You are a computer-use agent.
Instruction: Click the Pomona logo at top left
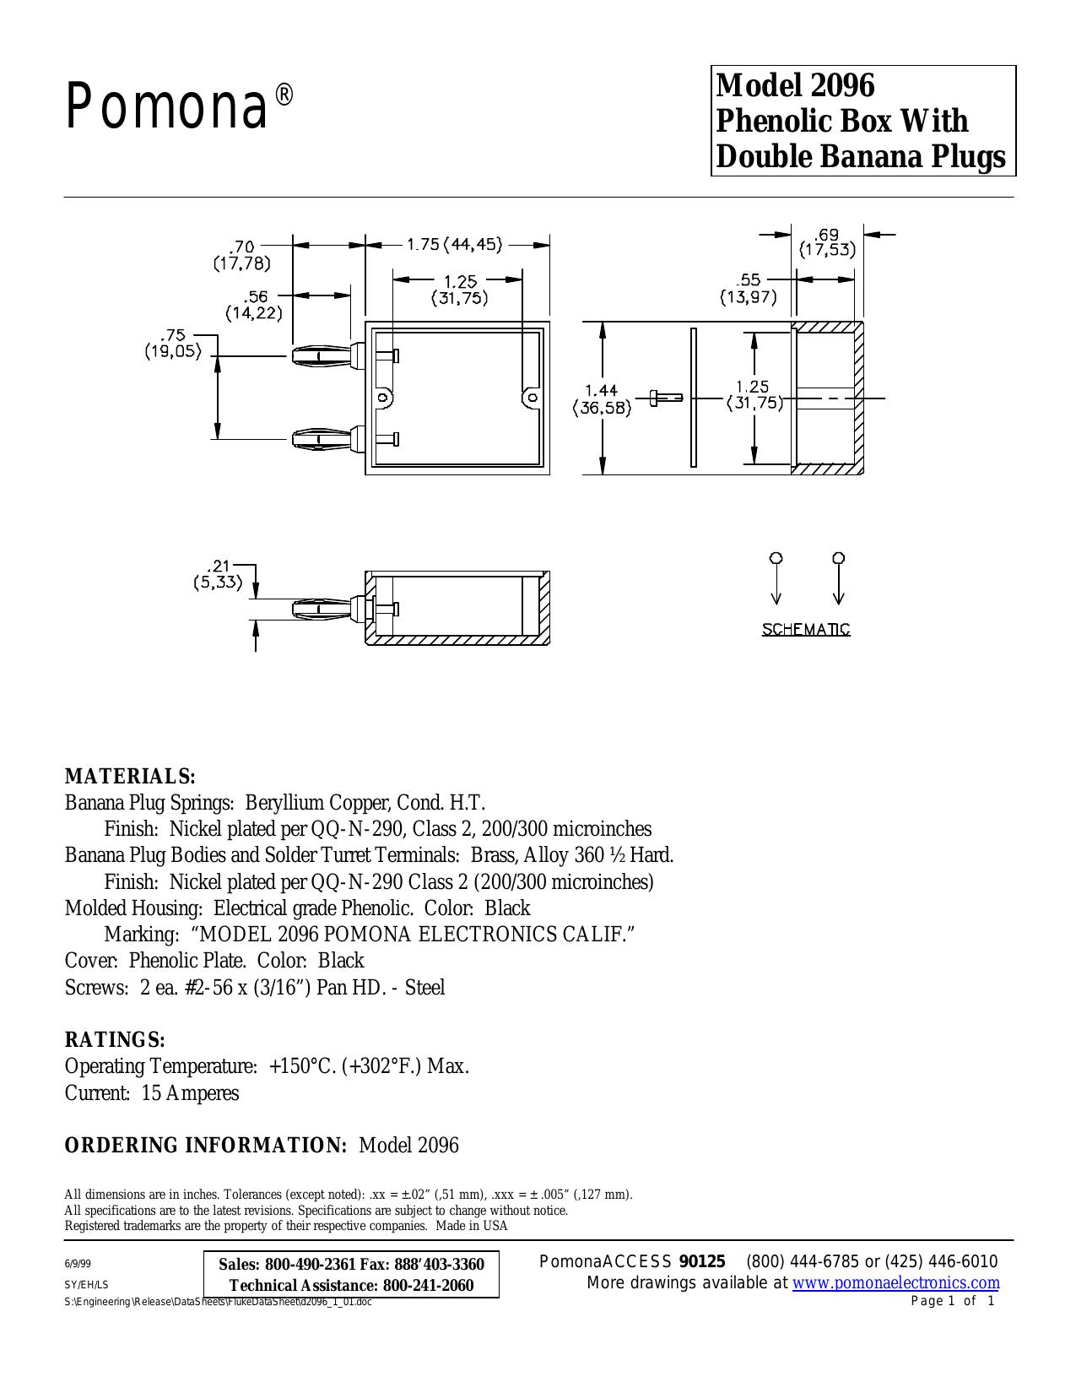click(x=180, y=107)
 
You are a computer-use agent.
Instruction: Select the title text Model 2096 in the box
click(x=795, y=85)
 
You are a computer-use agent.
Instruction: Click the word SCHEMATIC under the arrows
click(x=806, y=630)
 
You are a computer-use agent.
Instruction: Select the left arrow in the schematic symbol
click(x=776, y=579)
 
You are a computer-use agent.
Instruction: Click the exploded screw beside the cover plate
click(x=666, y=398)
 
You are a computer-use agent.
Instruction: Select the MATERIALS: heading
click(x=130, y=777)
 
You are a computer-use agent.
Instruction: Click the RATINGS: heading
click(x=116, y=1039)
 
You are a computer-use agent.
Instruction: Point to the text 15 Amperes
click(x=190, y=1093)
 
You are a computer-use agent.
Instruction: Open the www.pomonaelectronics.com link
click(x=896, y=1282)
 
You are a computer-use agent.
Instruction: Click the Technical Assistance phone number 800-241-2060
click(x=428, y=1285)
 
